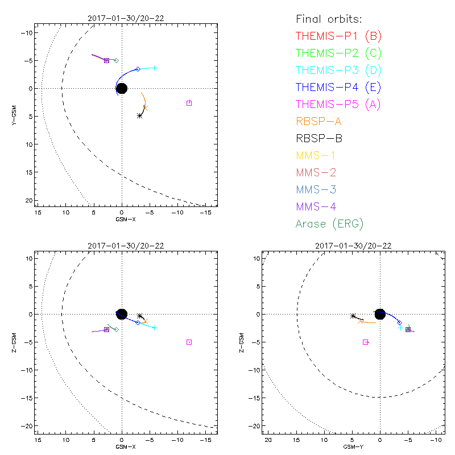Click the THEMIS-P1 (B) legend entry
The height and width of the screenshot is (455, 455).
click(339, 36)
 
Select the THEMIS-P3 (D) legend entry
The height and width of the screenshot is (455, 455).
click(339, 71)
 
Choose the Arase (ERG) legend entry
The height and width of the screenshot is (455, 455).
click(330, 224)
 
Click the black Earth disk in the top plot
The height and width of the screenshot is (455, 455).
click(121, 88)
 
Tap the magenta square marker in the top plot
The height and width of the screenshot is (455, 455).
click(189, 103)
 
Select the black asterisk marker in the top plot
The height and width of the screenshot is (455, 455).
click(140, 115)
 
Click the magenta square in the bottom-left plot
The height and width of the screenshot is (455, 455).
click(189, 342)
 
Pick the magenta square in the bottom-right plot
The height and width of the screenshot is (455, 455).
click(366, 342)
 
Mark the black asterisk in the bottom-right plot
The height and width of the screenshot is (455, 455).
click(353, 316)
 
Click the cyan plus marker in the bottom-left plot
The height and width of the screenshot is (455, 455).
click(154, 328)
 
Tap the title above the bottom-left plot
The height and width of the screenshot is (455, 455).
click(126, 246)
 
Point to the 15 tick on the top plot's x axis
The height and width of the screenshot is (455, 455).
click(38, 212)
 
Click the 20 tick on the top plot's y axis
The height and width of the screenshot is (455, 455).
click(27, 200)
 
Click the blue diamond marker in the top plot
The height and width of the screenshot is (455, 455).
click(138, 69)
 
